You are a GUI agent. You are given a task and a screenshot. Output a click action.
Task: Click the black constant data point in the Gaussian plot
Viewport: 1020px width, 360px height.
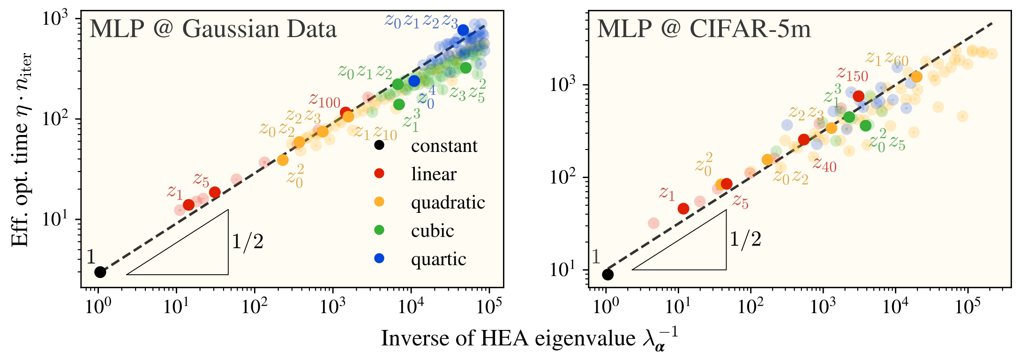pyautogui.click(x=100, y=272)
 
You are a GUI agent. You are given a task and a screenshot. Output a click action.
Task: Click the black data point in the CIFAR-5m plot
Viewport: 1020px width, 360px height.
pyautogui.click(x=607, y=274)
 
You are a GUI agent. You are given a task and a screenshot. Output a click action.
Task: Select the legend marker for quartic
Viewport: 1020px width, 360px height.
pyautogui.click(x=379, y=258)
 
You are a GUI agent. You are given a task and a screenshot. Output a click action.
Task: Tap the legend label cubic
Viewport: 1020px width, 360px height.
pyautogui.click(x=432, y=231)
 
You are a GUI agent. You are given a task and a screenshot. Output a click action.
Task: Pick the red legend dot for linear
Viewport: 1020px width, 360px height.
pyautogui.click(x=379, y=174)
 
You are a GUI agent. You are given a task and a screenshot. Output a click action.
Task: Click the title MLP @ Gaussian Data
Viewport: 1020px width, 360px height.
pyautogui.click(x=213, y=29)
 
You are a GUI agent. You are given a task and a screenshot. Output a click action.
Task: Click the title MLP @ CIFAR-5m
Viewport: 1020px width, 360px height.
pyautogui.click(x=704, y=29)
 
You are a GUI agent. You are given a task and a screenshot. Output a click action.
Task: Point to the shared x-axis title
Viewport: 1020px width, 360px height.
pyautogui.click(x=529, y=338)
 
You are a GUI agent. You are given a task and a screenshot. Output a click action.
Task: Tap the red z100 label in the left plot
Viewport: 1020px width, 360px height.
pyautogui.click(x=324, y=101)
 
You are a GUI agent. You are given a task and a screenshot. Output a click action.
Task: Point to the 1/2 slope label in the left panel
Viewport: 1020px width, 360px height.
pyautogui.click(x=247, y=242)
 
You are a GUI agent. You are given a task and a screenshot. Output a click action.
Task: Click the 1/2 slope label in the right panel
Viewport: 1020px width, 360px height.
pyautogui.click(x=745, y=239)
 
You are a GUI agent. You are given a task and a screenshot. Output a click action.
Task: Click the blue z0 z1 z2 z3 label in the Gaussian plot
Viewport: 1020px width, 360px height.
pyautogui.click(x=421, y=21)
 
